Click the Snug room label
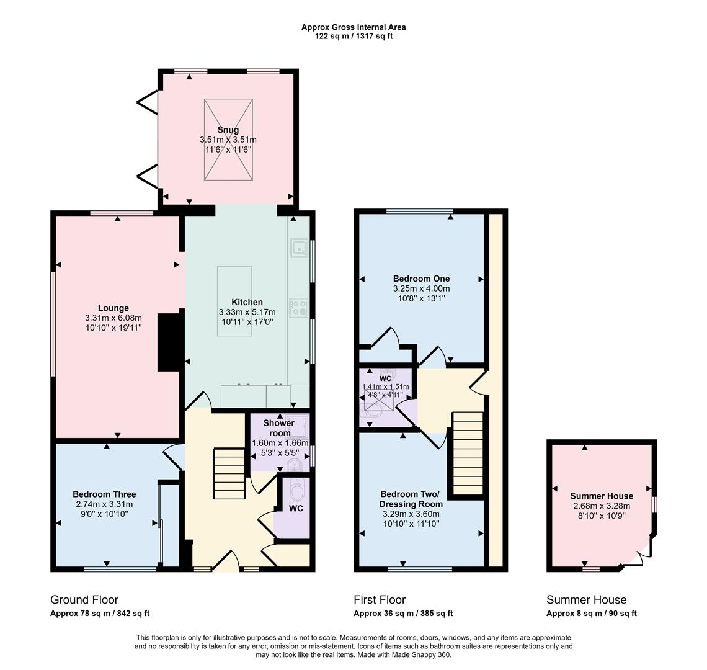click(228, 130)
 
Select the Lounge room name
click(113, 308)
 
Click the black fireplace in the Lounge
click(167, 342)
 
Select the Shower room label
click(279, 428)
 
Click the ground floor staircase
click(229, 473)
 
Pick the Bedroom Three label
click(104, 494)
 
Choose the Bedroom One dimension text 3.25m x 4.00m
click(421, 288)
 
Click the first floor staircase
click(467, 453)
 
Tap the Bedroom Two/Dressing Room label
click(410, 499)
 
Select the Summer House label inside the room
click(602, 496)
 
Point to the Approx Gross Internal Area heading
click(353, 27)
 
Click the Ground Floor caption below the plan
click(84, 599)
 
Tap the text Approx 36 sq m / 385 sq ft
click(403, 614)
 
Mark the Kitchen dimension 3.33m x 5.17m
click(247, 312)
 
